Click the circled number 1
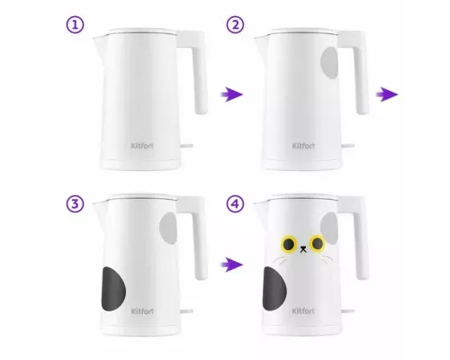75,25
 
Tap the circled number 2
235,25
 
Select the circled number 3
75,204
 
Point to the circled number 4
235,204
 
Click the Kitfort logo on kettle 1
142,146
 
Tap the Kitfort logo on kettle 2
303,146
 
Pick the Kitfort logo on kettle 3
142,311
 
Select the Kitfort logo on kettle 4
303,310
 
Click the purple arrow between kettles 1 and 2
231,94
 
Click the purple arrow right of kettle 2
387,94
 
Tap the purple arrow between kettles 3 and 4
231,265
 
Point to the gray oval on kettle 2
329,63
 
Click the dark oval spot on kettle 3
113,289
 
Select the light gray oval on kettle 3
168,228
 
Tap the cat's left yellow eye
288,244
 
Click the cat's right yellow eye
318,243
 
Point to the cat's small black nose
303,249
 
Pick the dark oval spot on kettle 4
274,289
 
